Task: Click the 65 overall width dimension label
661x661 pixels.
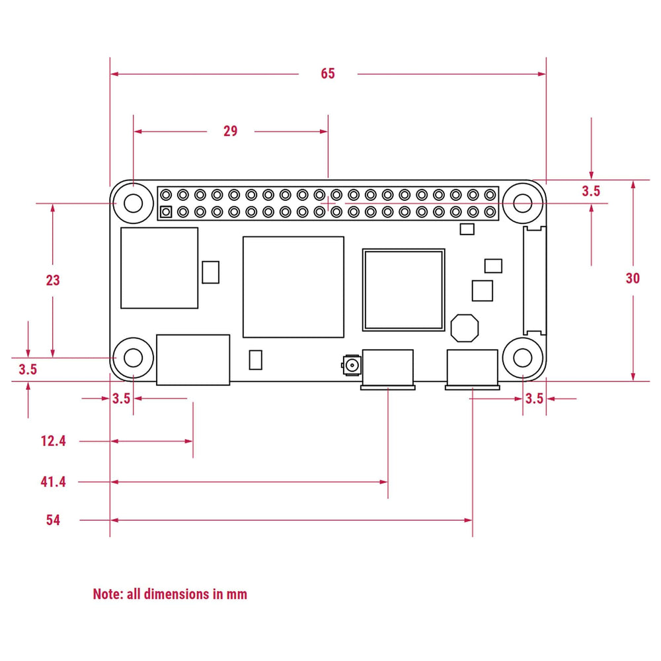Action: click(328, 73)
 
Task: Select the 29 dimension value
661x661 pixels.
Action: click(230, 131)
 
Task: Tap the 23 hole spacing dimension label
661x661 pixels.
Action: click(53, 280)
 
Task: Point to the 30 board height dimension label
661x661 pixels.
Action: click(633, 278)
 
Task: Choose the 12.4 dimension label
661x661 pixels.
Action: click(53, 441)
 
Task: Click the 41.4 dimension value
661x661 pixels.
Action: click(53, 482)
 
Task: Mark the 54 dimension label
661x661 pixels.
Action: click(53, 520)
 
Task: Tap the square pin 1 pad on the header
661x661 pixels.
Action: click(166, 212)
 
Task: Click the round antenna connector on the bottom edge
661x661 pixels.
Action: click(351, 365)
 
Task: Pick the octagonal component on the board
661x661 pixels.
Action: click(464, 327)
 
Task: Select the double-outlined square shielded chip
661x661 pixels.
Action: click(403, 290)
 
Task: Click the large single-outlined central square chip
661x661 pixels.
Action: click(293, 286)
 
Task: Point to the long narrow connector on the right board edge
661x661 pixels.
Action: click(534, 280)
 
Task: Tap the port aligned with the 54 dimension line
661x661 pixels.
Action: click(473, 369)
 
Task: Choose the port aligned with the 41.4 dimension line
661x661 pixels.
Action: click(387, 369)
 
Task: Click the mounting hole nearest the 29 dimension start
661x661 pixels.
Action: click(134, 203)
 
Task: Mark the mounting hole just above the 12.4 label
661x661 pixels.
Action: click(134, 358)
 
